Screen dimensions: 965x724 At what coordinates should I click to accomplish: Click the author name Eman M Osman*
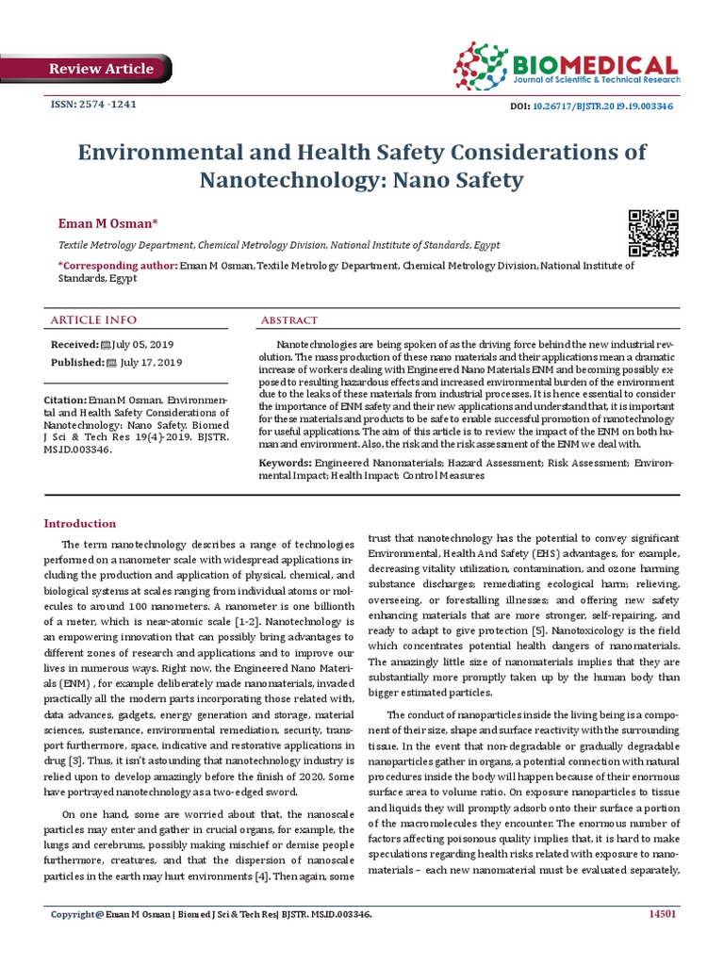(108, 221)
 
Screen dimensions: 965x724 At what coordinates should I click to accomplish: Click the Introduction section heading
(81, 523)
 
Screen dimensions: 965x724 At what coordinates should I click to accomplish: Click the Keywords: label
(286, 464)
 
